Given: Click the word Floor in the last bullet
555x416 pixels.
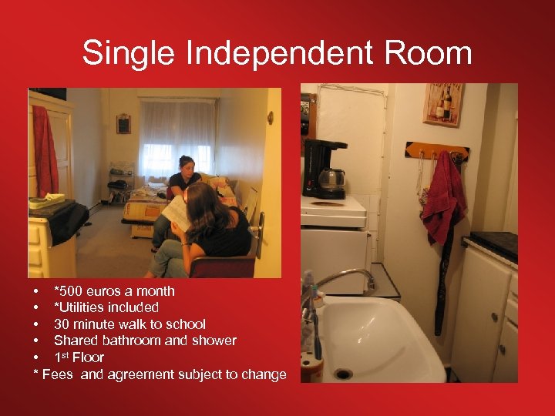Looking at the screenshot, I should (88, 357).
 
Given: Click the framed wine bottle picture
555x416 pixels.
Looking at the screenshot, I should (443, 104).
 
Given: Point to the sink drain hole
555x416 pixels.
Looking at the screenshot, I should (343, 374).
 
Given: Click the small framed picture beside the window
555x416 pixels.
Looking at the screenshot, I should (123, 124).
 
